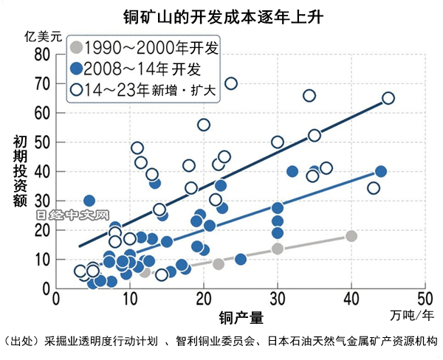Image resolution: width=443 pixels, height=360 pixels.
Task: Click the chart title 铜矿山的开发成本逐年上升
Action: pos(222,15)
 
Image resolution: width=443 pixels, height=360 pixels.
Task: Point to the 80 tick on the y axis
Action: pos(41,54)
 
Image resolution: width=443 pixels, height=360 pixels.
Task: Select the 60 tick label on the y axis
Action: pos(41,113)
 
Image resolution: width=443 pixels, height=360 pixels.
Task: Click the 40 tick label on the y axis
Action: pos(41,171)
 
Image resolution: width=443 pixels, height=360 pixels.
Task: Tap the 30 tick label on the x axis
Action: pos(277,300)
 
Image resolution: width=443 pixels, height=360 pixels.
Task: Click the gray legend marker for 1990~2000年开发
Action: pos(74,49)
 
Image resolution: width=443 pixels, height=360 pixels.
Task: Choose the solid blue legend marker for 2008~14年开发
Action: pos(74,69)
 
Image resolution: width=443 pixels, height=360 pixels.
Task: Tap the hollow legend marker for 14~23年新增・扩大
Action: pos(74,90)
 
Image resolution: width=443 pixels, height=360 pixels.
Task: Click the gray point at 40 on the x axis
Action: pos(351,236)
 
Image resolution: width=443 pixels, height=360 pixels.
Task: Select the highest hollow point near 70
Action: pos(230,83)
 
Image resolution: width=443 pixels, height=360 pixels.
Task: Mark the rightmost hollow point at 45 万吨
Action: pos(388,98)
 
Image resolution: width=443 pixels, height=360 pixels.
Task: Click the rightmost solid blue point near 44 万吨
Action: pos(381,171)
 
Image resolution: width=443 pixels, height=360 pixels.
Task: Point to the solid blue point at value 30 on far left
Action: pos(89,201)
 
